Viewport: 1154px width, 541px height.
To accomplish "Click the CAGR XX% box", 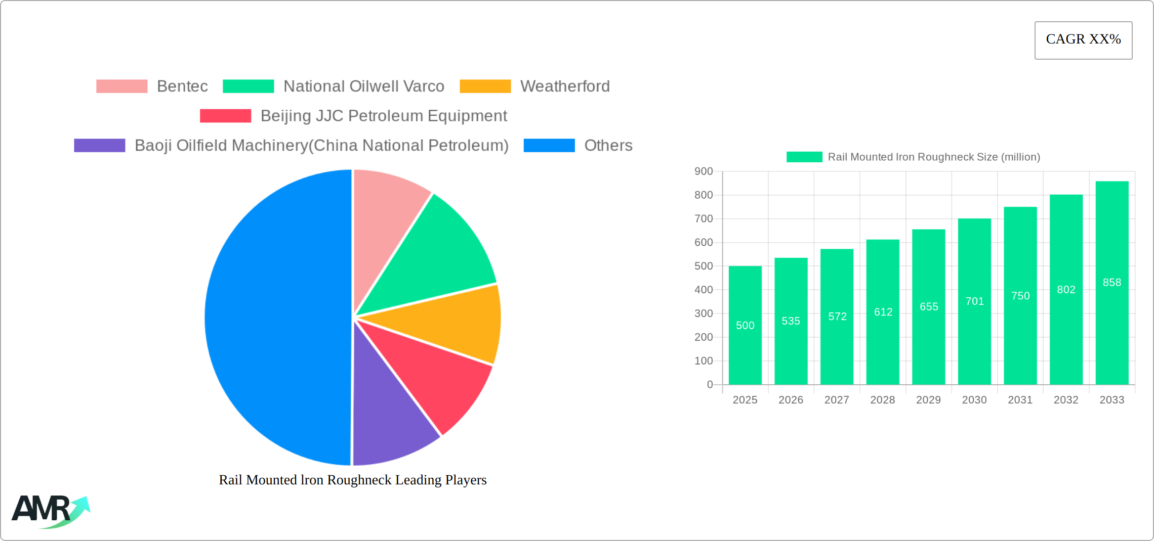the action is pos(1083,40).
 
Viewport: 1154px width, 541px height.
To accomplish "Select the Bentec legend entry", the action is pos(152,86).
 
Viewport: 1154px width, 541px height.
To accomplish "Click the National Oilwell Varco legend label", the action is pos(364,86).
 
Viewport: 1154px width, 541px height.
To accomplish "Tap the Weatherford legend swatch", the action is pos(485,86).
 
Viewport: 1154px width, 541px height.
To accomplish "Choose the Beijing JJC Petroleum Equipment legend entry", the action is pos(353,116).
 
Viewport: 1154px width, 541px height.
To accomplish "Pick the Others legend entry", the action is pos(578,145).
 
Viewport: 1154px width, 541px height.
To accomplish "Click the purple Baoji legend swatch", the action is pos(100,145).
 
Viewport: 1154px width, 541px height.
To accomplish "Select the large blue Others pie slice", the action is pos(278,318).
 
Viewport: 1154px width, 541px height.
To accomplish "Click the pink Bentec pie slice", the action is pos(387,212).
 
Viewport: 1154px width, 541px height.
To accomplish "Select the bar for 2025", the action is pos(745,325).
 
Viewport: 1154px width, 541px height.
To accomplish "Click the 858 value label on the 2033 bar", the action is pos(1112,282).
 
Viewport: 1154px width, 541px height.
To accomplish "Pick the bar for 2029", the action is pos(929,307).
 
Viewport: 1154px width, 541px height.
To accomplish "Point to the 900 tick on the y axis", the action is pos(704,171).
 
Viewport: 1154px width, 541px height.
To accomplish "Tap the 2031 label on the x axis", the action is pos(1020,400).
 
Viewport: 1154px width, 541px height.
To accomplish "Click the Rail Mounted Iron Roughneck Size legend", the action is pos(913,157).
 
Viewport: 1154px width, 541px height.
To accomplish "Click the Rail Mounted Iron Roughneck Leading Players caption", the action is pos(353,480).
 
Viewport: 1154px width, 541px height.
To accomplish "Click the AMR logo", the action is pos(51,511).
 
